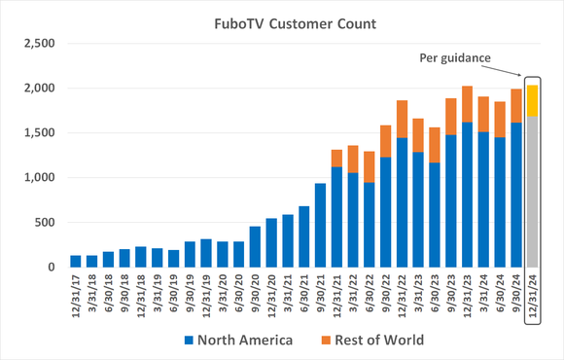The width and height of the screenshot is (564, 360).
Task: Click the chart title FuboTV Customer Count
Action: [x=281, y=20]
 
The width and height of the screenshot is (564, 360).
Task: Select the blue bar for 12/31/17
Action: [x=76, y=261]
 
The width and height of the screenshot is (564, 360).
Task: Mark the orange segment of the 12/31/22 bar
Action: [x=402, y=119]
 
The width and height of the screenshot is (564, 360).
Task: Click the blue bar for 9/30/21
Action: [x=320, y=225]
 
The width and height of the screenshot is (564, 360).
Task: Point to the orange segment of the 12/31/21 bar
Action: [x=337, y=158]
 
